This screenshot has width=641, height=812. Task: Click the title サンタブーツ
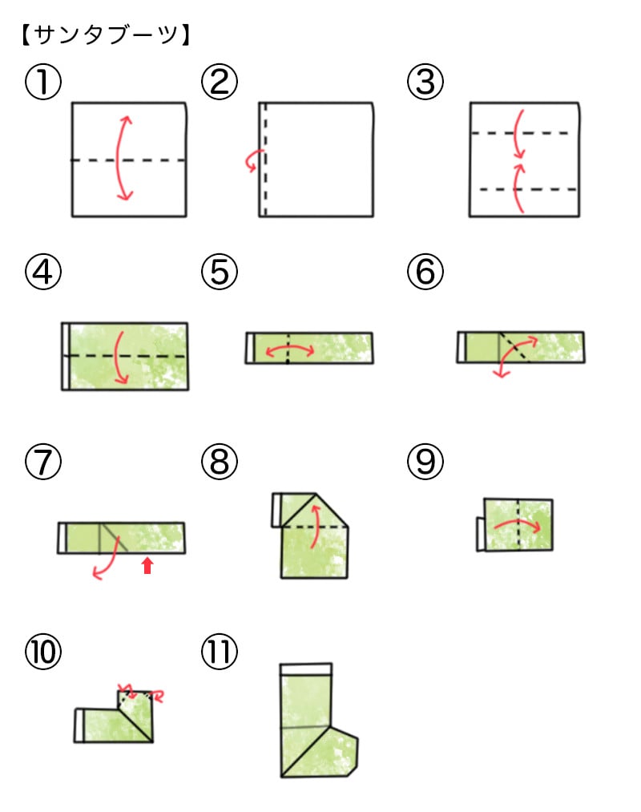(106, 35)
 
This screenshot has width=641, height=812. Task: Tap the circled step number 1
(43, 82)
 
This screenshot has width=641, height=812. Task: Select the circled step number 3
(425, 82)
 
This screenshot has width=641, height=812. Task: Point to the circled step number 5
(220, 272)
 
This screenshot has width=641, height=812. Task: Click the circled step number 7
(43, 462)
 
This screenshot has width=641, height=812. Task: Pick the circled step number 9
(425, 462)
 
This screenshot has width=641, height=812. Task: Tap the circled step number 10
(43, 652)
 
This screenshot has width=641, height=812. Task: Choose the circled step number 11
(220, 652)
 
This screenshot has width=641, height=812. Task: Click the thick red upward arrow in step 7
(147, 565)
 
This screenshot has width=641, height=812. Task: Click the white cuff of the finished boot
(306, 669)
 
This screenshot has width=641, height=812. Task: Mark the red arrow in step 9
(518, 524)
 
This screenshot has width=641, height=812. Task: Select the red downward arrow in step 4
(119, 358)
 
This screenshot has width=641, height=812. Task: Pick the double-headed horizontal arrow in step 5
(290, 351)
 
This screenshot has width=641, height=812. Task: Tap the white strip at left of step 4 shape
(65, 356)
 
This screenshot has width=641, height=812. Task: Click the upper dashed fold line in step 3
(520, 133)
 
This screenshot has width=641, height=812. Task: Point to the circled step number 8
(220, 462)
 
